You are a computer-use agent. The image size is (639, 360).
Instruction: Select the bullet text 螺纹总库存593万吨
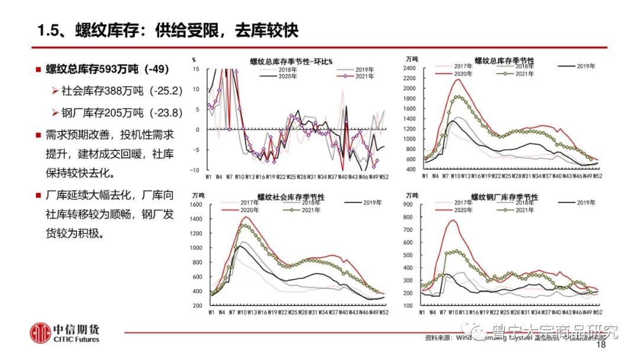[107, 69]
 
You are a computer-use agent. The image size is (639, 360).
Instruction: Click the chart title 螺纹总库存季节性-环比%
[291, 62]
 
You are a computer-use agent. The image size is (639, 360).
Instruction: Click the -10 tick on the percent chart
[201, 171]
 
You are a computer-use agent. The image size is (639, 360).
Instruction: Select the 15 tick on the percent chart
[202, 69]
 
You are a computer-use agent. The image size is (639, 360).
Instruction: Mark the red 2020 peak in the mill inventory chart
[453, 220]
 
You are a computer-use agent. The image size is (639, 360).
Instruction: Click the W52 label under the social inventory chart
[383, 311]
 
